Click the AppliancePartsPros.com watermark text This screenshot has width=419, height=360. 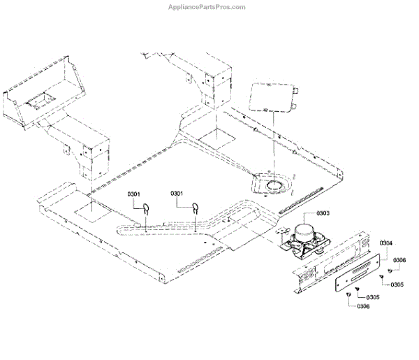click(209, 7)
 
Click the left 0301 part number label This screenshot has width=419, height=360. click(134, 193)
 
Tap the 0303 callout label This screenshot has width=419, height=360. click(323, 212)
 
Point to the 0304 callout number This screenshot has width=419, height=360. click(386, 243)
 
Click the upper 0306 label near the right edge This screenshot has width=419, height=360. click(399, 260)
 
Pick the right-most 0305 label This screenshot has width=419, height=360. click(397, 285)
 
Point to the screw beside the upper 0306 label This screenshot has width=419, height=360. click(388, 268)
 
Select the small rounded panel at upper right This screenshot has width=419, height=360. click(274, 98)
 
